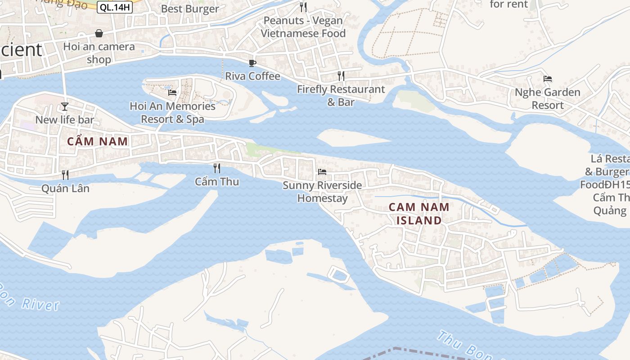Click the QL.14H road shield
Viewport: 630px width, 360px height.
[x=114, y=7]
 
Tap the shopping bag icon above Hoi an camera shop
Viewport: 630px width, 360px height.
[x=99, y=33]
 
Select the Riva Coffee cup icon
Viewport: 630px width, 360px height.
[x=252, y=63]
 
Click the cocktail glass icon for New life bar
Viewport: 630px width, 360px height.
[x=65, y=106]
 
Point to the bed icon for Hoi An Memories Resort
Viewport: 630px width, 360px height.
[x=172, y=93]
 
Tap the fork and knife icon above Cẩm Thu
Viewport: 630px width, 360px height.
[x=217, y=168]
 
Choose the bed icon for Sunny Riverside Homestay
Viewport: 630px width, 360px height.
[x=322, y=171]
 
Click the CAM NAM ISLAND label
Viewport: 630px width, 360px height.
[x=419, y=214]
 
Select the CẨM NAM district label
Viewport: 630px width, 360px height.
[x=98, y=141]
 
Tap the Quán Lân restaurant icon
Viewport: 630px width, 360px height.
[x=65, y=175]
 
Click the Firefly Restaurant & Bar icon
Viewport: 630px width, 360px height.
[x=341, y=76]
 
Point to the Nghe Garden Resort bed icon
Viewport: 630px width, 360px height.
[x=548, y=79]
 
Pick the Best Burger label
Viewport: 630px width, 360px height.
[x=190, y=9]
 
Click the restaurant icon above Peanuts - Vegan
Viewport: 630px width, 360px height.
[x=303, y=7]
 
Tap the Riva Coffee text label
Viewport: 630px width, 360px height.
[x=252, y=76]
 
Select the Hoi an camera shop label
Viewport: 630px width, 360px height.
[x=99, y=53]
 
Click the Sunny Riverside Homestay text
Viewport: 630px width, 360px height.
[x=322, y=192]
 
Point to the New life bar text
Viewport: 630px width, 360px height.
[x=65, y=120]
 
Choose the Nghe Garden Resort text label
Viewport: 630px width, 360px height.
[x=548, y=99]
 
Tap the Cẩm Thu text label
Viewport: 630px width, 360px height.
[x=217, y=182]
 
